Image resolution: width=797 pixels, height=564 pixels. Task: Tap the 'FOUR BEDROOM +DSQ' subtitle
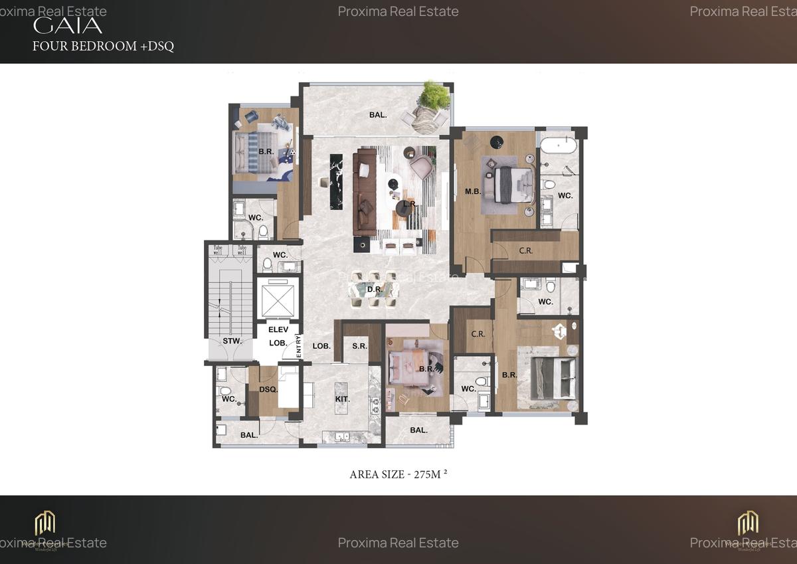coord(103,47)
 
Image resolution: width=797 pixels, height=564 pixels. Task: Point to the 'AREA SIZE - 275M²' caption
coord(398,474)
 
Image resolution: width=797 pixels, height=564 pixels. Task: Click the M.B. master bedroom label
coord(473,191)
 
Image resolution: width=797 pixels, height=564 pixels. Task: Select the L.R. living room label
coord(410,204)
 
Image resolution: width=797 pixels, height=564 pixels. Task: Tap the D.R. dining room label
coord(374,289)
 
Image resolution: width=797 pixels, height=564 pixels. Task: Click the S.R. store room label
coord(360,347)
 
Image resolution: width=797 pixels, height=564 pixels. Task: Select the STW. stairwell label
coord(232,341)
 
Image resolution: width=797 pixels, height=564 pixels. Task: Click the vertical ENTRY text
coord(299,347)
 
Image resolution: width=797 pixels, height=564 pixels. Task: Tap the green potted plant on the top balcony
coord(433,95)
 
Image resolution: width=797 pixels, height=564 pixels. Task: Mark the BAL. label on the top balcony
coord(378,115)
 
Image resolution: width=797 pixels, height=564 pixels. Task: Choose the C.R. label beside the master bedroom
coord(525,250)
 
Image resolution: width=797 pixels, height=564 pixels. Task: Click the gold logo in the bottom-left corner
coord(45,523)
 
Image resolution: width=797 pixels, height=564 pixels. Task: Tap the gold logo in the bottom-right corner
coord(749,523)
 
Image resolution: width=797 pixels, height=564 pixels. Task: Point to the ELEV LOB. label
coord(277,336)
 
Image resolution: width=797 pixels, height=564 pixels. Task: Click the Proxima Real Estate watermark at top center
coord(398,11)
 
